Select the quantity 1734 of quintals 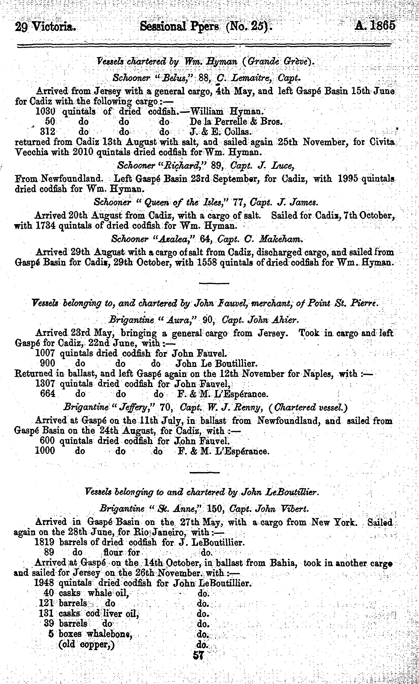pos(46,226)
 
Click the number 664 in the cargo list pos(48,394)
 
